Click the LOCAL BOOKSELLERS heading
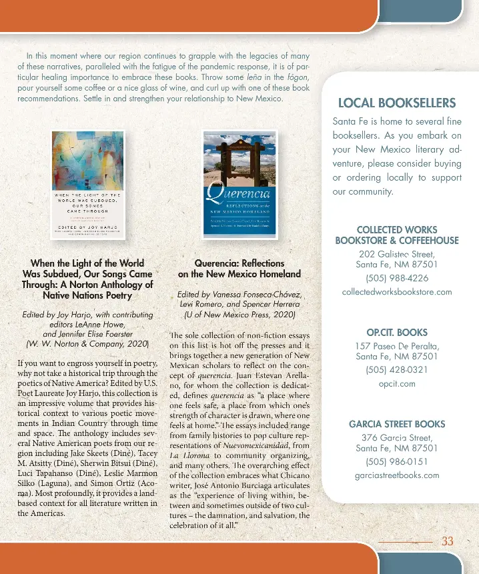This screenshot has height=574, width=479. pyautogui.click(x=397, y=103)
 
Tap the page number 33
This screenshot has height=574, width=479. pyautogui.click(x=448, y=541)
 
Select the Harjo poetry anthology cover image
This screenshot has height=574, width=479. pyautogui.click(x=88, y=185)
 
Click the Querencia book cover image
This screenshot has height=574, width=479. pyautogui.click(x=239, y=182)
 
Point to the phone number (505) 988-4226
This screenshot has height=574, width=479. pyautogui.click(x=397, y=278)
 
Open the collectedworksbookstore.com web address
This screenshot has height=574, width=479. pyautogui.click(x=397, y=292)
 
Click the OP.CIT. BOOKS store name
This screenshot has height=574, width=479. pyautogui.click(x=397, y=332)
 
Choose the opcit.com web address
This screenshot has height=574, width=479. pyautogui.click(x=397, y=384)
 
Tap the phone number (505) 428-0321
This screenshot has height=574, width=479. pyautogui.click(x=397, y=370)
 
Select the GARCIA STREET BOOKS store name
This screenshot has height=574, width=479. pyautogui.click(x=397, y=424)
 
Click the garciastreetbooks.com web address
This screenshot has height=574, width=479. pyautogui.click(x=397, y=475)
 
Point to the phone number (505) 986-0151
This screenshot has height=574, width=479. pyautogui.click(x=397, y=461)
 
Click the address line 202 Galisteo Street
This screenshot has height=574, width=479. pyautogui.click(x=397, y=254)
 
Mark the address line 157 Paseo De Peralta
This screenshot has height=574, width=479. pyautogui.click(x=397, y=346)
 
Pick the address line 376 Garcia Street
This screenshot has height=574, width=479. pyautogui.click(x=397, y=438)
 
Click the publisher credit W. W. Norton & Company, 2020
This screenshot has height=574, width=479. pyautogui.click(x=87, y=344)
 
